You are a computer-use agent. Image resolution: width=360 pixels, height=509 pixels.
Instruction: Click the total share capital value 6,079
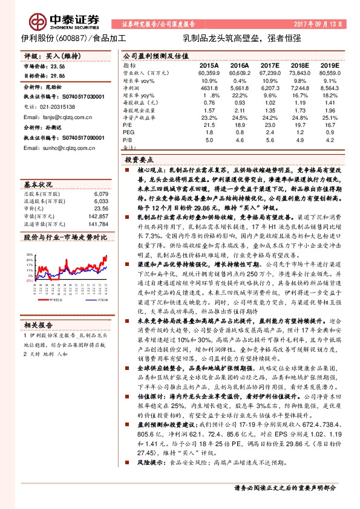click(x=101, y=194)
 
